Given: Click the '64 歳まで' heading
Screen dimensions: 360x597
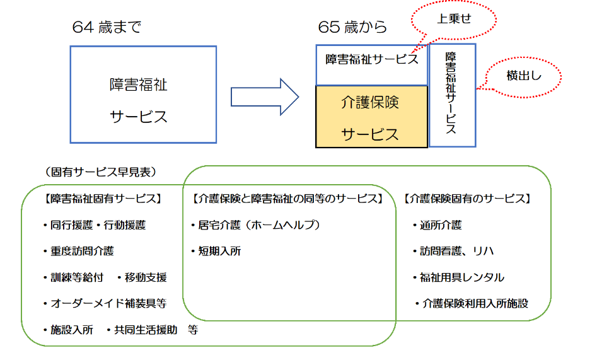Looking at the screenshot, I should (x=107, y=27).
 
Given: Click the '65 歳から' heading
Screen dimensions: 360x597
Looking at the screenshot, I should (x=353, y=27).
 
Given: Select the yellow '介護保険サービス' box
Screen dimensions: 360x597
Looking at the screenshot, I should (x=371, y=117).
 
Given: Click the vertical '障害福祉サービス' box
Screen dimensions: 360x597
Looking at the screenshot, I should (x=451, y=95).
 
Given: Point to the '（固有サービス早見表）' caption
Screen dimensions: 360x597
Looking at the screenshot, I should (x=101, y=171).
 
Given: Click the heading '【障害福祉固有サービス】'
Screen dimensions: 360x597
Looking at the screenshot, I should (x=102, y=199).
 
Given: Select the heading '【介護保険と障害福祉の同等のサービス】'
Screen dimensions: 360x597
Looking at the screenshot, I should (x=287, y=199).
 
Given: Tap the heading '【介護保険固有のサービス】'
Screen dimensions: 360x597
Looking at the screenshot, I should (x=467, y=199).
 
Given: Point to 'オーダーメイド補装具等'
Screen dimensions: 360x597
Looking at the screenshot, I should (x=108, y=303).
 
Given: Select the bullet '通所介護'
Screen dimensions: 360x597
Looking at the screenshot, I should (x=441, y=224).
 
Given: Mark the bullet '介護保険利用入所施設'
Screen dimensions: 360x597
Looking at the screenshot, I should (x=475, y=303).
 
